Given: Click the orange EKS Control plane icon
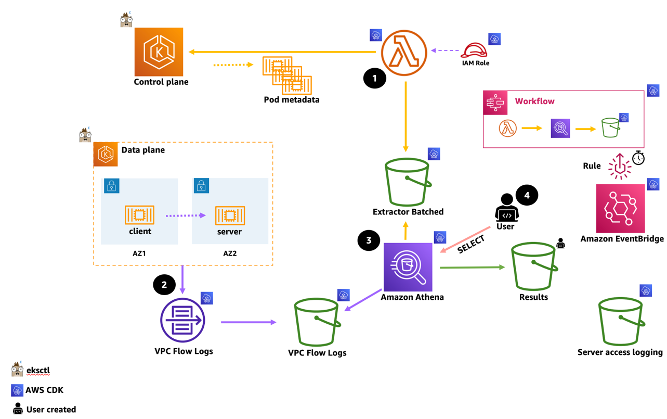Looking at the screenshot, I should pyautogui.click(x=159, y=52).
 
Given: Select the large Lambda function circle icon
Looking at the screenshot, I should pyautogui.click(x=404, y=53).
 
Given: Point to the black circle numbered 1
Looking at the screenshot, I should pyautogui.click(x=374, y=78).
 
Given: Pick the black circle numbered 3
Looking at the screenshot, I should pyautogui.click(x=369, y=240).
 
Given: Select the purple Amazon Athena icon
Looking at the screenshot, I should pyautogui.click(x=408, y=266).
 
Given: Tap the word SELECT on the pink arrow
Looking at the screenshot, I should pyautogui.click(x=471, y=244).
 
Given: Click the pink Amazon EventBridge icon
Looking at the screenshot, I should pyautogui.click(x=620, y=208).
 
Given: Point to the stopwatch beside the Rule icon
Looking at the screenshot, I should pyautogui.click(x=638, y=158).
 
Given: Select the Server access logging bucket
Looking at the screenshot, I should pyautogui.click(x=621, y=322).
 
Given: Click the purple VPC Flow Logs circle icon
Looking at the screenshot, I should pyautogui.click(x=182, y=321).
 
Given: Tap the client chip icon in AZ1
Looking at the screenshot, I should pyautogui.click(x=139, y=214).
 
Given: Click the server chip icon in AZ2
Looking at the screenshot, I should pyautogui.click(x=230, y=215).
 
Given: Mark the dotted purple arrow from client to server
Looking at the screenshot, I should pyautogui.click(x=185, y=215).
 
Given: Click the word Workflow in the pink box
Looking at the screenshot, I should pyautogui.click(x=534, y=101).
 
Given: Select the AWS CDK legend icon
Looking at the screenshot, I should pyautogui.click(x=17, y=390).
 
